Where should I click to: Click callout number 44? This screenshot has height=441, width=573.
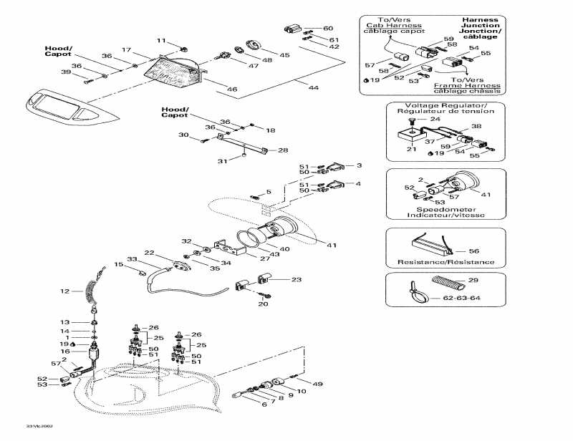(313, 87)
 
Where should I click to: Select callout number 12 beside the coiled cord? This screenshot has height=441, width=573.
(64, 291)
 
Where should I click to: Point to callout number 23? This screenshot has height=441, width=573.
(296, 280)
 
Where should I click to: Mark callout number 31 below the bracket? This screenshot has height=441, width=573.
(223, 161)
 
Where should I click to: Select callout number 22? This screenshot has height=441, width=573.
(149, 253)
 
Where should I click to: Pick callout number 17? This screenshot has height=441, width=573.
(126, 49)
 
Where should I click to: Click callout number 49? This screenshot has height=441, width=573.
(318, 383)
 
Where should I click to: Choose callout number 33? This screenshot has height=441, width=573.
(132, 259)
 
